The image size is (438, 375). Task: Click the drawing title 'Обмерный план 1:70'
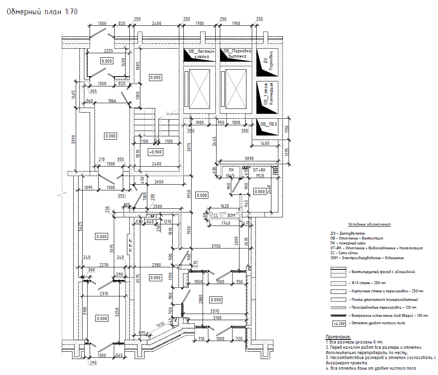pos(42,12)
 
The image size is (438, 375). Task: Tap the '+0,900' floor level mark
pos(155,152)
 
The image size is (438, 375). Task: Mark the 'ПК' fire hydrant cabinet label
pos(231,169)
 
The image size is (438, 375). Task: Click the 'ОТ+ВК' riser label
pos(260,169)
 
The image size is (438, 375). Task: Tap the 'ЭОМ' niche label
pos(231,215)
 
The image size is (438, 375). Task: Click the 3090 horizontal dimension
pos(249,158)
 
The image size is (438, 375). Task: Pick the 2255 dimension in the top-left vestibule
pos(108,51)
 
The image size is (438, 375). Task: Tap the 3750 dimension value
pos(216,246)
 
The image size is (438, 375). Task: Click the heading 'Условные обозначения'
pos(369,224)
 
